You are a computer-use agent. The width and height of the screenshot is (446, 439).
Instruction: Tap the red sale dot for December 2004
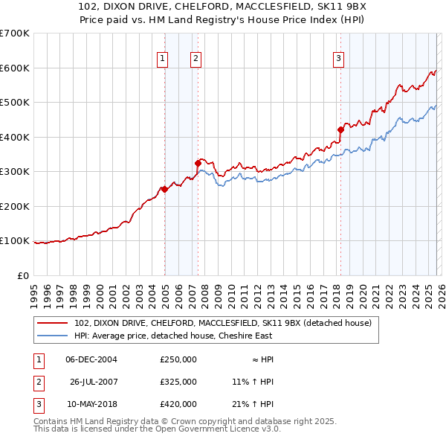coord(164,189)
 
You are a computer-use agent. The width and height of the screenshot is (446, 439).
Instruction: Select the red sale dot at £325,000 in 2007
coord(198,163)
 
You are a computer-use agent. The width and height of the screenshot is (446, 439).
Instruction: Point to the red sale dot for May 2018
coord(340,129)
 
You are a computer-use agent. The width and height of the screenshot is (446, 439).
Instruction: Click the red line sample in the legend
coord(53,323)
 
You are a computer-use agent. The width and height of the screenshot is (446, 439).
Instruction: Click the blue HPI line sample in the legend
coord(53,336)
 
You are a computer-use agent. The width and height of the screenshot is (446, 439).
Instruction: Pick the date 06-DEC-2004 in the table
coord(91,359)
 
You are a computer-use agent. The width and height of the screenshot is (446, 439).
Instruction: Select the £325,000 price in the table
coord(178,382)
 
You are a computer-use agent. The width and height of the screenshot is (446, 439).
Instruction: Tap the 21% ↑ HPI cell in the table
coord(253,404)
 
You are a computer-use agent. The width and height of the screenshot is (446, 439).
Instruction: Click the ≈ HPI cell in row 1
coord(258,359)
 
